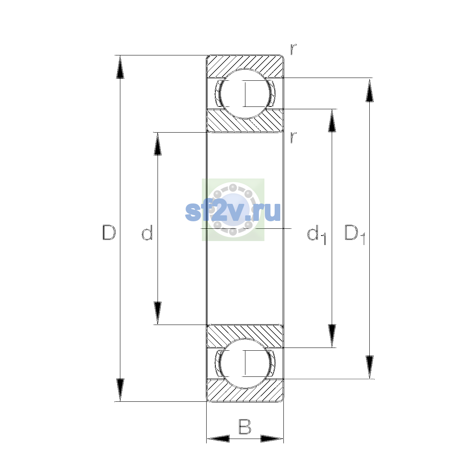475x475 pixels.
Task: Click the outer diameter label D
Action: [109, 232]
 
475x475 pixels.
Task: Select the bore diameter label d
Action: [147, 232]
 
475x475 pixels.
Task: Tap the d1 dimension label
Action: [317, 234]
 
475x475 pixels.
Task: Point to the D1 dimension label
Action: [355, 234]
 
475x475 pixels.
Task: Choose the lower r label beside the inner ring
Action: [293, 137]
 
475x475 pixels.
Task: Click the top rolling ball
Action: [245, 94]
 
